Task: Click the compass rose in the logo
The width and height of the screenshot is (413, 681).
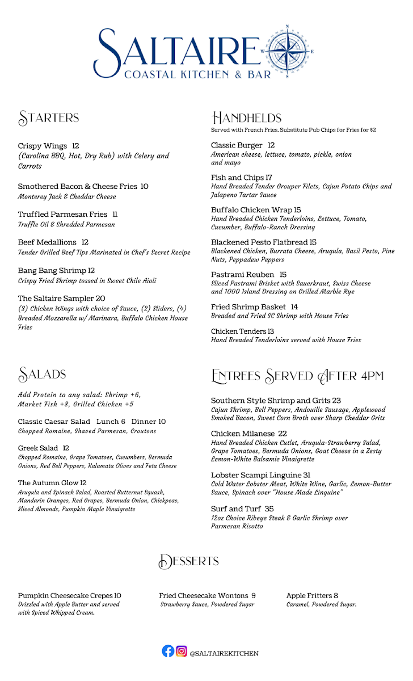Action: (288, 51)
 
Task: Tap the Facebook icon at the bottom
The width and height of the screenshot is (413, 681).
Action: (168, 651)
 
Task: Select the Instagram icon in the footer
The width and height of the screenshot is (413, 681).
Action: (182, 651)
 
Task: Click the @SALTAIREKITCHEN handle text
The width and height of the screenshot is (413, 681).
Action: (224, 653)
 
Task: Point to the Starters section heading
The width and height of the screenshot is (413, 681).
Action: (49, 118)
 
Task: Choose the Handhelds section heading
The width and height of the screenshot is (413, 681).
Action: (246, 118)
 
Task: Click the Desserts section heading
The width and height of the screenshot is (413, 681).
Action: (188, 561)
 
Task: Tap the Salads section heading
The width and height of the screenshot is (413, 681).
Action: (43, 375)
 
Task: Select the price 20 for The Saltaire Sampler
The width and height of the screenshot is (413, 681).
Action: (100, 299)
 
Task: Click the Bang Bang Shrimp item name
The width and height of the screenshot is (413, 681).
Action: (52, 271)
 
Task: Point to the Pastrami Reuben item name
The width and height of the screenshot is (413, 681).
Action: (243, 275)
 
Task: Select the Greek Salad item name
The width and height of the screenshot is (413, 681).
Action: (38, 448)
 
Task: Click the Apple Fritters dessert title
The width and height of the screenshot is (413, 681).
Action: (309, 595)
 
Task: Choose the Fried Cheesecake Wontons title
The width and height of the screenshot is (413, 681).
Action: (203, 595)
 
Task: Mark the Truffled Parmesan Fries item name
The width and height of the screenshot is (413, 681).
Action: (62, 215)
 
